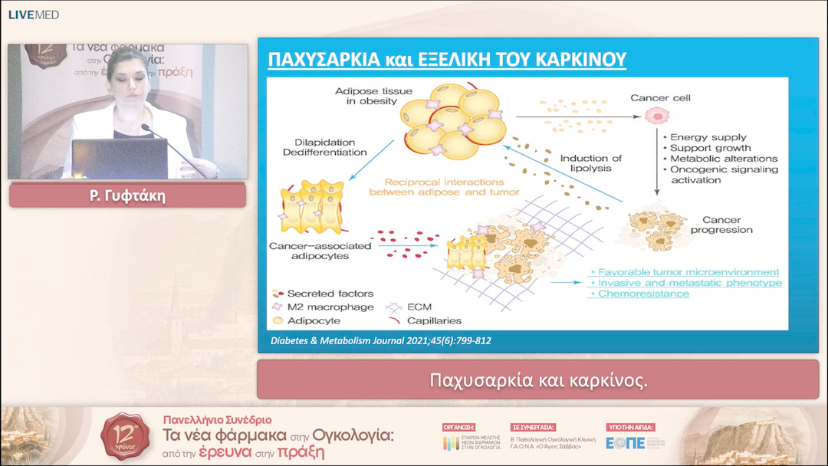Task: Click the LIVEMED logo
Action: [x=33, y=15]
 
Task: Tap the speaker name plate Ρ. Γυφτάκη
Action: [x=127, y=195]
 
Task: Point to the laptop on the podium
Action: [x=119, y=158]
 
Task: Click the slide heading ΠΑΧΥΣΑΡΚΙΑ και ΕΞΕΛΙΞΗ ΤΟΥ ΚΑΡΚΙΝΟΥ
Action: [x=446, y=59]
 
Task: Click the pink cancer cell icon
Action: [x=655, y=116]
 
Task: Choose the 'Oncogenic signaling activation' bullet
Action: [x=723, y=175]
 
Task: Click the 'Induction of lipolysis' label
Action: [x=590, y=163]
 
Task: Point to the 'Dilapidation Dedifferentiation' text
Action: [x=330, y=147]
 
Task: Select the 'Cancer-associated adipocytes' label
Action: [x=320, y=251]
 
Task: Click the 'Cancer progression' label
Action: [x=721, y=225]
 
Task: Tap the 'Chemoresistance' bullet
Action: [x=642, y=294]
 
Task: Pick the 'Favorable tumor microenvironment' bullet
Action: [x=687, y=272]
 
